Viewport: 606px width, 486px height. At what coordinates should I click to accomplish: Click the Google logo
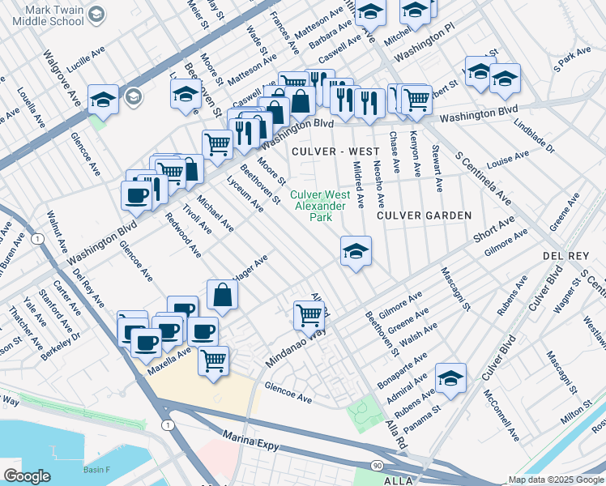pos(27,475)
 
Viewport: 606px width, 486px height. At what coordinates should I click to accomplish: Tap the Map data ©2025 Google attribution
pos(556,480)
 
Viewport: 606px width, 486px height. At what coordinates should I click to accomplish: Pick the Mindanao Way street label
pos(296,347)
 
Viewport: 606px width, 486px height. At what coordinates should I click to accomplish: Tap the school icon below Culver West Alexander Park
pos(356,253)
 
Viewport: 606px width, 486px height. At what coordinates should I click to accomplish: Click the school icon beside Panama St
pos(450,379)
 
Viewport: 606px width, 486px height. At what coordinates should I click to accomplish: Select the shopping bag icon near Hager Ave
pos(222,296)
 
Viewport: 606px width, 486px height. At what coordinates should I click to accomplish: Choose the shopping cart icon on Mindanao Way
pos(309,315)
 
